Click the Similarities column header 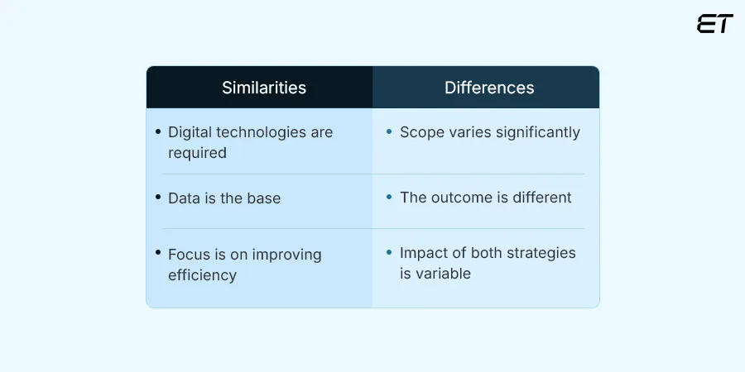tap(264, 88)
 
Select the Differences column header tap(489, 88)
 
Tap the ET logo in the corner tap(715, 24)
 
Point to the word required tap(197, 153)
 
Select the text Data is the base tap(224, 198)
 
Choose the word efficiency tap(202, 275)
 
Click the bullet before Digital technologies tap(157, 132)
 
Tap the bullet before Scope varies tap(389, 132)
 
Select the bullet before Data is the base tap(157, 198)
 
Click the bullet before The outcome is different tap(389, 198)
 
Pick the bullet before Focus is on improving tap(157, 255)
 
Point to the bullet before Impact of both tap(389, 253)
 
